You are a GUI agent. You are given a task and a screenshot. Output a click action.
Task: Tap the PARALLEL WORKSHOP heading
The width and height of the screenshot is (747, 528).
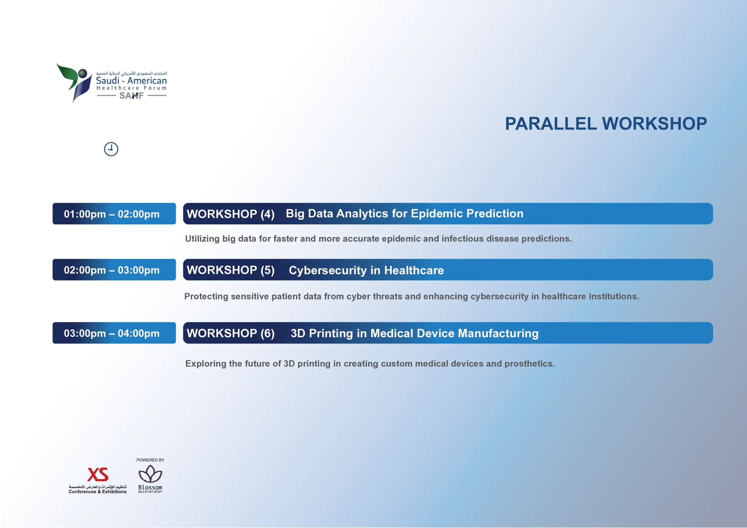click(x=606, y=124)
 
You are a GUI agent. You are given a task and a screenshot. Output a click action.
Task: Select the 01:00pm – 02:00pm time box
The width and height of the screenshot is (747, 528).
click(x=114, y=214)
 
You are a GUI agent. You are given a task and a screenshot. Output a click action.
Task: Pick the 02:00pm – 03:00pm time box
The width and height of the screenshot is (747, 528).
click(x=114, y=270)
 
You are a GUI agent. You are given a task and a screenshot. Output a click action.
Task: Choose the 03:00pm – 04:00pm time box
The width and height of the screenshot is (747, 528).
click(x=114, y=333)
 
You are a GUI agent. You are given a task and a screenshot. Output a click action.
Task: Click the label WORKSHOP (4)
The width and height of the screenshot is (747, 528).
click(x=231, y=214)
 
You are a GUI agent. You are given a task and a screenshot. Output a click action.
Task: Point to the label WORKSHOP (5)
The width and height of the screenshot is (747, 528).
click(x=231, y=270)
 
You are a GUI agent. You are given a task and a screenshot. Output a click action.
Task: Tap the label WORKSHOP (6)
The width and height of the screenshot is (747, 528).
click(x=231, y=333)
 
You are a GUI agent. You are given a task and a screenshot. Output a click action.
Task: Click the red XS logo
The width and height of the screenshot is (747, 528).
click(x=97, y=475)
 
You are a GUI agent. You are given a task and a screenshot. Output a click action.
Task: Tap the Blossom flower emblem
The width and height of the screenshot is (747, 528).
click(x=150, y=474)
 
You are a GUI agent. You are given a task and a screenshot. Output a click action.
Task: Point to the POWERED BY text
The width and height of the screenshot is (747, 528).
click(x=150, y=460)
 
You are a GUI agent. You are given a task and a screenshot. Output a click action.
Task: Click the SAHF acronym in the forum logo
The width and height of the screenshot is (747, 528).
click(x=131, y=96)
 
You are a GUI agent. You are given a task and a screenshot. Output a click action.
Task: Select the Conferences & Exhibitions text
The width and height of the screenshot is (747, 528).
click(x=97, y=492)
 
